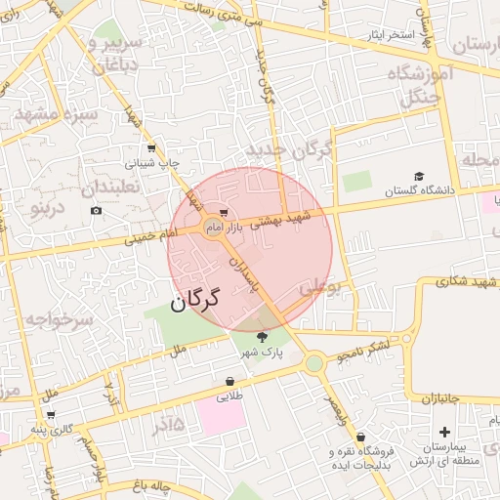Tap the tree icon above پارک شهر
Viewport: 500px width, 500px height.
260,337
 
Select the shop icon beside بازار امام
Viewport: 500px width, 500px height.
225,212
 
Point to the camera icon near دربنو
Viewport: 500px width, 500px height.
96,210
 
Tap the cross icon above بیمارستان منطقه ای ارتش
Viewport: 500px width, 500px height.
444,431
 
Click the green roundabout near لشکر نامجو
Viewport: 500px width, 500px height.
313,363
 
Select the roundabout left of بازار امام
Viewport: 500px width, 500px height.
211,228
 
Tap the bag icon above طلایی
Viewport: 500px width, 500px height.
229,381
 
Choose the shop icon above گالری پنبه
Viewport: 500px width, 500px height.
51,414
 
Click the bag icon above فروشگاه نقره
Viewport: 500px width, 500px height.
361,437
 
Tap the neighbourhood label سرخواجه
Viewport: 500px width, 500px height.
59,319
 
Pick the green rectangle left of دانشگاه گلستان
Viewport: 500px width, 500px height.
357,182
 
